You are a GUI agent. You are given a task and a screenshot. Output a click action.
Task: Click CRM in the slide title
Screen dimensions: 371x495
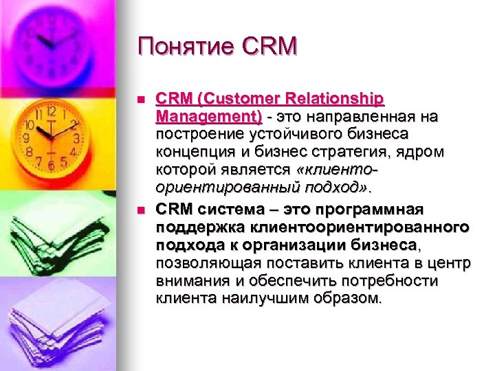(x=271, y=46)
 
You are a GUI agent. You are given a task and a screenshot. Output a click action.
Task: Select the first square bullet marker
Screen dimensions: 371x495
(x=141, y=100)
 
